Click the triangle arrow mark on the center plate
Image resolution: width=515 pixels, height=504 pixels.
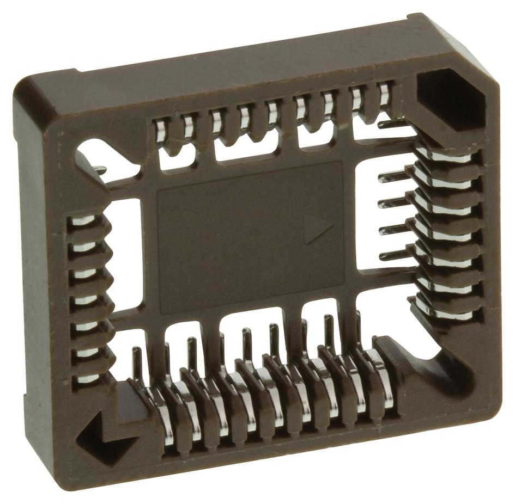tap(316, 228)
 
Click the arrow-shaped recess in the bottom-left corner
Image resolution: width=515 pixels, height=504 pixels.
tap(104, 433)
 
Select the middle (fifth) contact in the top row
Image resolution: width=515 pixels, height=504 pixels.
tap(272, 112)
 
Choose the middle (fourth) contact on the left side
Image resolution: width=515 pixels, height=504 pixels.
tap(85, 300)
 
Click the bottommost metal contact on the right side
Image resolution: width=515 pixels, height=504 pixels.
tap(447, 313)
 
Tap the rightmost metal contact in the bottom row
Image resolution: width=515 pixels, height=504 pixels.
tap(381, 376)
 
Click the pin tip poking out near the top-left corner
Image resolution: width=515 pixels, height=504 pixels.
tap(101, 170)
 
